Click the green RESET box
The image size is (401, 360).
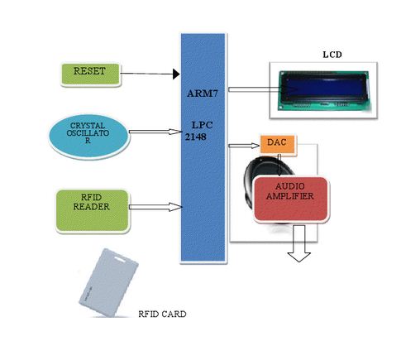[x=90, y=73]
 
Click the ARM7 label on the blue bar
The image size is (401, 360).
[x=203, y=94]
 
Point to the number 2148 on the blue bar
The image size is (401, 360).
[x=195, y=138]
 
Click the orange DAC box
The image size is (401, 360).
[x=277, y=143]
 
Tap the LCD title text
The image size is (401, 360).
[x=332, y=55]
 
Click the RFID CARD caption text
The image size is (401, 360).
[x=161, y=314]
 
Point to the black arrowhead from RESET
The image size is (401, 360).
[x=176, y=74]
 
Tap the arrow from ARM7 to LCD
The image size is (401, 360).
[x=248, y=89]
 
